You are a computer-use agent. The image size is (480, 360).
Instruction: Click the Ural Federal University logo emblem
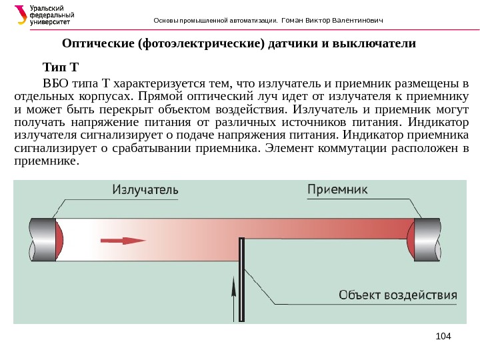(21, 15)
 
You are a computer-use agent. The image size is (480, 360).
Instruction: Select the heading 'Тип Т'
(61, 67)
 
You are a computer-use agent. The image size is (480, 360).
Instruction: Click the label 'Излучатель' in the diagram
(145, 190)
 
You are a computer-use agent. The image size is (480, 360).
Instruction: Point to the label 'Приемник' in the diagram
(337, 189)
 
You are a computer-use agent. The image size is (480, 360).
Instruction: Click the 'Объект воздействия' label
(399, 294)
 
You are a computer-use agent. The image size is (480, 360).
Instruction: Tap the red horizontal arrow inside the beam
(123, 241)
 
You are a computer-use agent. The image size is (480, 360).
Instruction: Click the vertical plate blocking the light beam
(242, 280)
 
